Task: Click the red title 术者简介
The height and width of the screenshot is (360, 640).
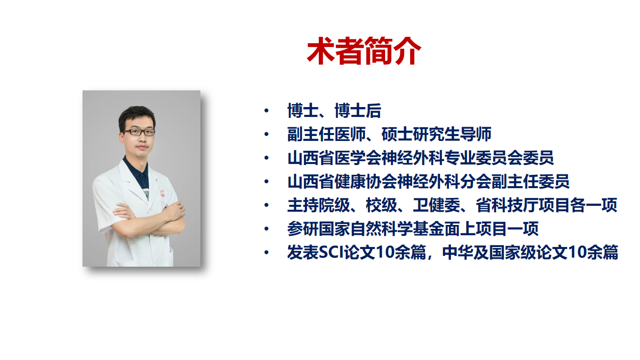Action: (x=363, y=51)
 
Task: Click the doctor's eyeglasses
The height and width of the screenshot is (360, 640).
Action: (x=139, y=132)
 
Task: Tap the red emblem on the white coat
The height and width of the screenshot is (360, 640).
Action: (x=162, y=194)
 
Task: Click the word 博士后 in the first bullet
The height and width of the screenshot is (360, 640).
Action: (x=358, y=111)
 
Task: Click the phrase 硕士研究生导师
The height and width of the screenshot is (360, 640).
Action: (x=437, y=134)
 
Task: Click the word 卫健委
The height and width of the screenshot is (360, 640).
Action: (x=437, y=205)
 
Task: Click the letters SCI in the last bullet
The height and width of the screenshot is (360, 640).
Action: (x=331, y=252)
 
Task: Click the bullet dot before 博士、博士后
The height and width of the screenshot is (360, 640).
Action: (x=267, y=111)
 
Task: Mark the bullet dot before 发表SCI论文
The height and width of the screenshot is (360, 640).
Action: (x=267, y=252)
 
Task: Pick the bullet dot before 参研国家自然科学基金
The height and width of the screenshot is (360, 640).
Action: (x=267, y=228)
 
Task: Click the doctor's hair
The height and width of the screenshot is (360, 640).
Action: (x=137, y=116)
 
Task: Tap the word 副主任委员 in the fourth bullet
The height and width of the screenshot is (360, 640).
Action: (x=530, y=181)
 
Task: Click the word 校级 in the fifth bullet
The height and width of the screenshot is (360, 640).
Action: (x=382, y=205)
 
